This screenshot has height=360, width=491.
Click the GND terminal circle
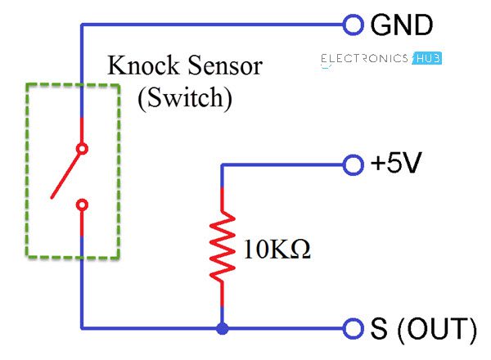pos(353,25)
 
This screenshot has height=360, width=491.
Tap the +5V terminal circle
pos(353,164)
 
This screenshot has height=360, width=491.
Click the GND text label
pos(401,25)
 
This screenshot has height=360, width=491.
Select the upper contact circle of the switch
pos(81,149)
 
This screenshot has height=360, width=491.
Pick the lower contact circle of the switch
pos(81,204)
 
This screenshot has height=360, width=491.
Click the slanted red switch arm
pos(66,173)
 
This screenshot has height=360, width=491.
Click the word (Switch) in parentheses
pos(185,98)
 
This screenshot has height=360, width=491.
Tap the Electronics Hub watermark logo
pos(376,59)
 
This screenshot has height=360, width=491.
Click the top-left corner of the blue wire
pos(81,25)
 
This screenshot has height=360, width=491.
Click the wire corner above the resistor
pos(221,164)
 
